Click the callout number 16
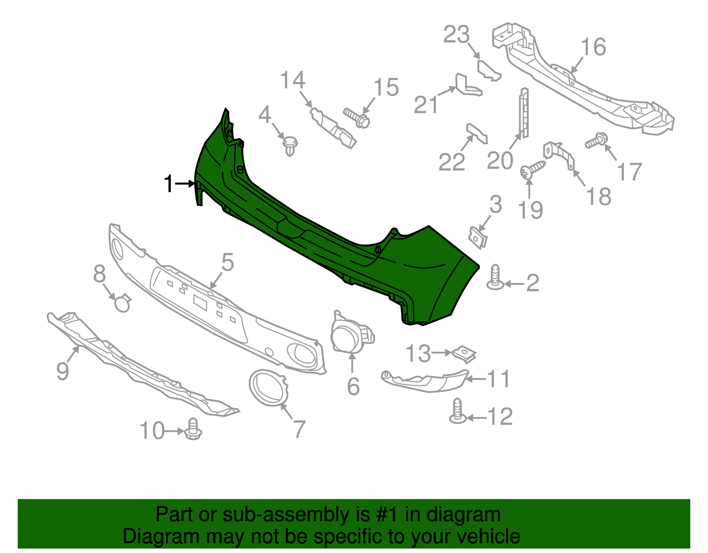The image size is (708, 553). point(593,47)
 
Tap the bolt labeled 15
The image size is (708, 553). point(357,118)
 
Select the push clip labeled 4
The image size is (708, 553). point(290,146)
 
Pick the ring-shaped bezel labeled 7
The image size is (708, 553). point(268,388)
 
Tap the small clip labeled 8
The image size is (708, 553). point(123,303)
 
